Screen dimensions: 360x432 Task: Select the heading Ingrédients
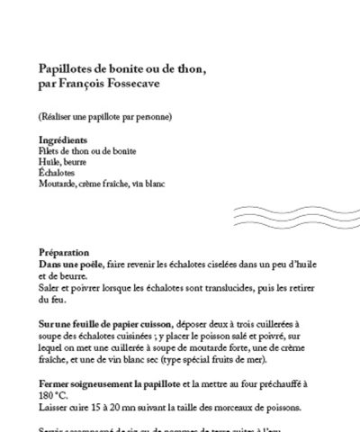tap(62, 141)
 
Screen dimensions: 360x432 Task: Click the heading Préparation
tap(64, 254)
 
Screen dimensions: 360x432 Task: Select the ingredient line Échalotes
tap(58, 173)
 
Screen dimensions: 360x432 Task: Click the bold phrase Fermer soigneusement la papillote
tap(112, 384)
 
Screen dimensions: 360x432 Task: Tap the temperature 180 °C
tap(54, 395)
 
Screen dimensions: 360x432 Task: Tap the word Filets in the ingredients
tap(51, 152)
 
